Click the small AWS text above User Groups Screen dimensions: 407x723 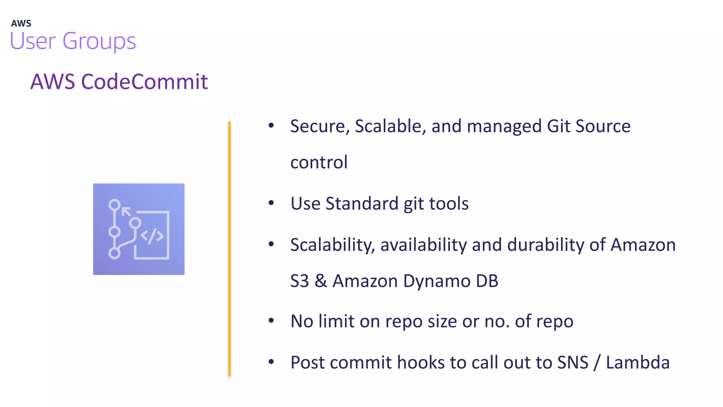click(21, 24)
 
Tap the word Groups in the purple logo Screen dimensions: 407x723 click(99, 41)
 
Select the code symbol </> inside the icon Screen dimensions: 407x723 click(152, 236)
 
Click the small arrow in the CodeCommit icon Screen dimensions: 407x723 click(126, 212)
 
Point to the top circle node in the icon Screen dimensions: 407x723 click(114, 205)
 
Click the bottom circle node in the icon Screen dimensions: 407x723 click(114, 253)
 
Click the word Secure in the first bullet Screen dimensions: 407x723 click(317, 126)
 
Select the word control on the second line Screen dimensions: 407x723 click(319, 163)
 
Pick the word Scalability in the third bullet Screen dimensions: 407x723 click(332, 245)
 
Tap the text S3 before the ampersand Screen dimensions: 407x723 click(299, 281)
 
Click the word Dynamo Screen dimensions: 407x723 click(436, 281)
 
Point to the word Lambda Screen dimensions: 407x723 click(638, 362)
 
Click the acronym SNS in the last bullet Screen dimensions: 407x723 click(573, 362)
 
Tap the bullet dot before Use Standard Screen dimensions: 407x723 click(271, 203)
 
